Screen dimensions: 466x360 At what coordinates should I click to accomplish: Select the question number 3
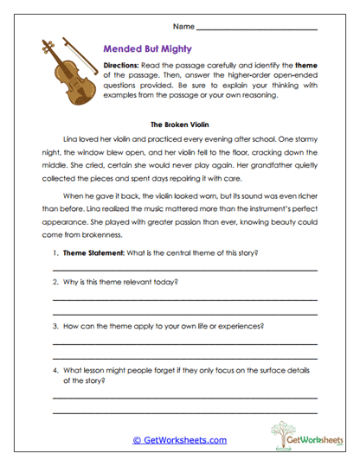55,326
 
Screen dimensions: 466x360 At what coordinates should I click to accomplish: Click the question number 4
55,370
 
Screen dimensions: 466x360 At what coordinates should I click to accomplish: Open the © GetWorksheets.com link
179,440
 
